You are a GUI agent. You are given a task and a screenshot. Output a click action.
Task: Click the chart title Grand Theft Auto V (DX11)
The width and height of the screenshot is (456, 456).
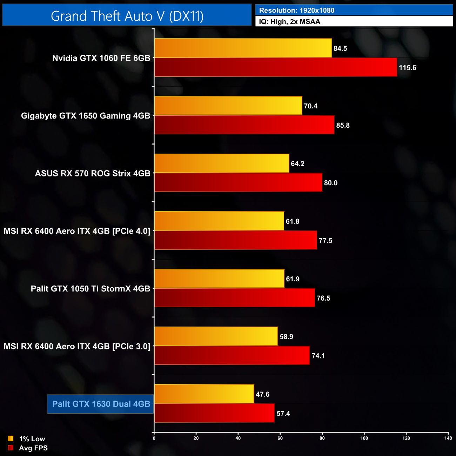point(127,16)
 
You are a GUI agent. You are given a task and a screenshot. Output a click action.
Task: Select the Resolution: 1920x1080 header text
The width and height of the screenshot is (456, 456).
point(297,10)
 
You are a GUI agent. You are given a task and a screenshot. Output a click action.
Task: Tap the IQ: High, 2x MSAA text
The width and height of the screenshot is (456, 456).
point(289,21)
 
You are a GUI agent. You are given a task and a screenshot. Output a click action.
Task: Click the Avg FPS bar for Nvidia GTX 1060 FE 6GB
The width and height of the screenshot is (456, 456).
point(276,67)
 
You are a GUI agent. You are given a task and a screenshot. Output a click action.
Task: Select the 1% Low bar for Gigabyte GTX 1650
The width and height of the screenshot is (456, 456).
point(228,106)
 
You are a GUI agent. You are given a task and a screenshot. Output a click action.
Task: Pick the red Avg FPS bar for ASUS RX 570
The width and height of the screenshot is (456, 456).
point(238,182)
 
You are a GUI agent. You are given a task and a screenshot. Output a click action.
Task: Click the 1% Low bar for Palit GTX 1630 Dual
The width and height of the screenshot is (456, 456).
point(204,394)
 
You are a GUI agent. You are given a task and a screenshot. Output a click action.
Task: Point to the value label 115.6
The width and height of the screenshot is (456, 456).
point(407,68)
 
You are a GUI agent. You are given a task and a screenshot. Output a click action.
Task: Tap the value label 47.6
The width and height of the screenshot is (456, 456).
point(262,394)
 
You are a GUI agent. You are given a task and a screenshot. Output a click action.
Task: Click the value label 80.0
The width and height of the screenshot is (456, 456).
point(330,183)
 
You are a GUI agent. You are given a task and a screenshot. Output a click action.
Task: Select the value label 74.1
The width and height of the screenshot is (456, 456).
point(318,356)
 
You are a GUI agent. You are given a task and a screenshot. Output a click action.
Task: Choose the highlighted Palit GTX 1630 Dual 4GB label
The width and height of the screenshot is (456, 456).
point(101,404)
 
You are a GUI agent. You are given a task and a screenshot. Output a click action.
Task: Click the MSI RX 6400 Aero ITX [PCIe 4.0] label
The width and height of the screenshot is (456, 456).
point(77,231)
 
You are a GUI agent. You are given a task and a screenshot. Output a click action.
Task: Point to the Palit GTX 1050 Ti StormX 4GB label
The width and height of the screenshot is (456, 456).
point(90,289)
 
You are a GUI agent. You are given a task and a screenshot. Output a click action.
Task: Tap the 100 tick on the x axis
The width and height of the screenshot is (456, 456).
point(364,438)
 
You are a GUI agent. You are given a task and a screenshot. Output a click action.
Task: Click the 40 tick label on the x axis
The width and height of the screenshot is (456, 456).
point(238,438)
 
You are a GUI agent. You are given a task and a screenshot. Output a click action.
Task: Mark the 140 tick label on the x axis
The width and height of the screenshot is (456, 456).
point(448,438)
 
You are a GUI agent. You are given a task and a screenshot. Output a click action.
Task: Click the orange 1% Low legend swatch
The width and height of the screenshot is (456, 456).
point(11,438)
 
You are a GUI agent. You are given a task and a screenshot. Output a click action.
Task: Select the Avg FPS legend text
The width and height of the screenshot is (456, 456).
point(33,448)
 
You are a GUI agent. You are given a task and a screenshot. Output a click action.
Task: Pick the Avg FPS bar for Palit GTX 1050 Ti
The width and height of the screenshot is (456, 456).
point(235,298)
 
